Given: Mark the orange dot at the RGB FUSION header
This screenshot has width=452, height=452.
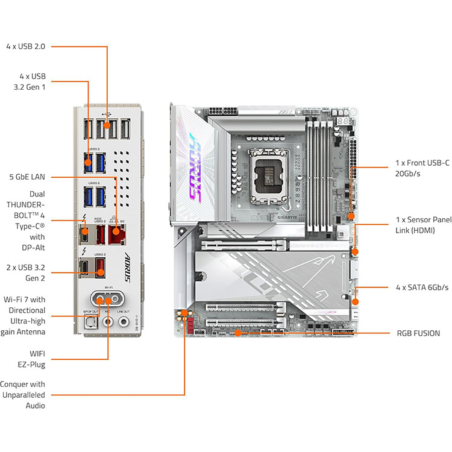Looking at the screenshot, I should click(239, 333).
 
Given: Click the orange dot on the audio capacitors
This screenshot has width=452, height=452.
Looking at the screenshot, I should click(184, 313).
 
